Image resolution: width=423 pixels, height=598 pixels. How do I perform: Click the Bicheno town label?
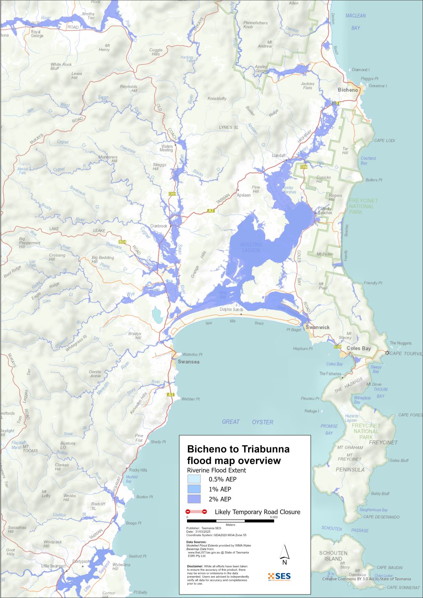click(347, 90)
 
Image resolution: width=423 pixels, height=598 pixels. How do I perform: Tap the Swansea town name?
click(189, 362)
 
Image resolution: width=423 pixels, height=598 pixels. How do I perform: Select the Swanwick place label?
click(317, 327)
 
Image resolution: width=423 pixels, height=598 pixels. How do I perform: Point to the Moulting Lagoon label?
click(251, 247)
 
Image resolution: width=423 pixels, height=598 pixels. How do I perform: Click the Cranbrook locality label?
click(159, 226)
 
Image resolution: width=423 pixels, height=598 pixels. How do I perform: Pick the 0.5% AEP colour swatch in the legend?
click(194, 479)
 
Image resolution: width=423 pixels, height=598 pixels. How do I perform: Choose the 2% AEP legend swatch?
click(194, 499)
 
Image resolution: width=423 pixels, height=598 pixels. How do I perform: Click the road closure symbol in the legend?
click(196, 512)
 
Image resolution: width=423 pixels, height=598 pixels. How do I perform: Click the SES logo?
click(279, 576)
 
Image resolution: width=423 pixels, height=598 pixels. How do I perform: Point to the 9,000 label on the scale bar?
click(273, 517)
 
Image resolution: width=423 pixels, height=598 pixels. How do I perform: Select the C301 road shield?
click(172, 194)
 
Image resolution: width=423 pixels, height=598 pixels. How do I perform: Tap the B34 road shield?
click(122, 242)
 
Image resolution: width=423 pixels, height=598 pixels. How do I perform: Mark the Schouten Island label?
click(333, 556)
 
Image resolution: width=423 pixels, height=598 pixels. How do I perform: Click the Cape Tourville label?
click(406, 354)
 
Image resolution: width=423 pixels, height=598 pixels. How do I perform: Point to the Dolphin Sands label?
click(231, 310)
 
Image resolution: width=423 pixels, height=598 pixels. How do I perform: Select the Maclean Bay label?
click(356, 22)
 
